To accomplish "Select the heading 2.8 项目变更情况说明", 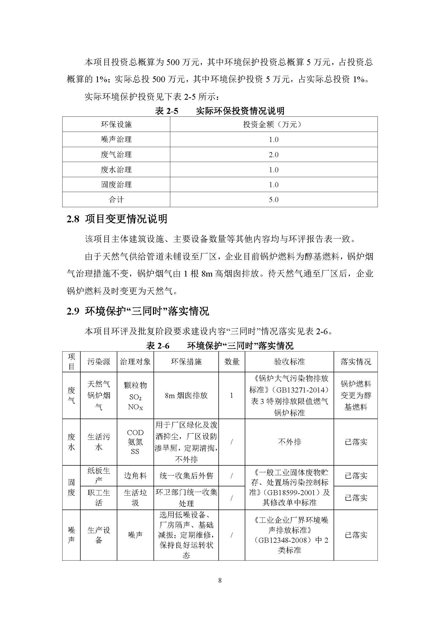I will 117,219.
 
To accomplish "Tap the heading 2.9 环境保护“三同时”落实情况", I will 138,311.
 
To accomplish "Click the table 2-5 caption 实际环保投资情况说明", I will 240,111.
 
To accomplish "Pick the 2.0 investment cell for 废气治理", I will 274,155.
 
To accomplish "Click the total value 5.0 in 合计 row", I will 274,200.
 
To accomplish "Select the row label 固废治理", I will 116,185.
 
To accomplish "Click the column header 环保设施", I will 116,125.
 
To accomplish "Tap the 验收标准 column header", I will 289,362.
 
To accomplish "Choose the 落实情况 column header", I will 355,362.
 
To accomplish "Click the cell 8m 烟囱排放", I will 186,395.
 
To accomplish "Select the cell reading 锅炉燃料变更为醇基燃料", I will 355,395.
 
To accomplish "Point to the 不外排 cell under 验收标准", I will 289,442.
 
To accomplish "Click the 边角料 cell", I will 135,476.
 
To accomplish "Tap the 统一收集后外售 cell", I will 186,476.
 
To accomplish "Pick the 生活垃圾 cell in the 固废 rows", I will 135,498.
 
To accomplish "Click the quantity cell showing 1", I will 232,395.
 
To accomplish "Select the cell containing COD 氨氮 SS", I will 135,442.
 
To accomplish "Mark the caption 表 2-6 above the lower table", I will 158,346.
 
